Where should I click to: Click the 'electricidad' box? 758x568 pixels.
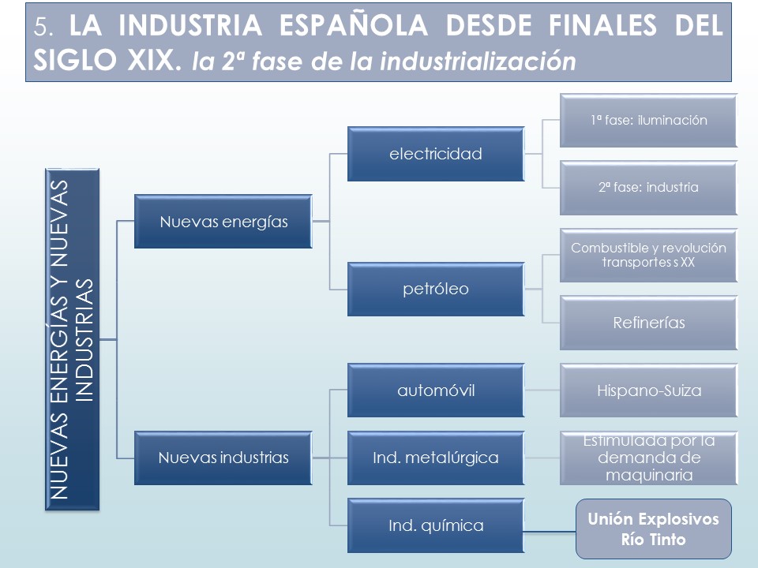pos(436,154)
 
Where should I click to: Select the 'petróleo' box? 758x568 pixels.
pos(436,290)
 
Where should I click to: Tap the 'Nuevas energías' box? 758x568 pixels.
pos(223,222)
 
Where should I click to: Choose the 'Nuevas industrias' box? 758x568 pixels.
pos(223,458)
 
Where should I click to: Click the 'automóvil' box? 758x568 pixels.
pos(436,390)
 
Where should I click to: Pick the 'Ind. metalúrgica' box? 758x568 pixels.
pos(436,458)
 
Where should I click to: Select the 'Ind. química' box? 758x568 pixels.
pos(436,525)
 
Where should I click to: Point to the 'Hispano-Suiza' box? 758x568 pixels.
pos(649,390)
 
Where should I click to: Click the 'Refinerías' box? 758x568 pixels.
pos(649,323)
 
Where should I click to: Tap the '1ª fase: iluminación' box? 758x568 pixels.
pos(649,120)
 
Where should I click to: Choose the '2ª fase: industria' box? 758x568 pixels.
pos(649,188)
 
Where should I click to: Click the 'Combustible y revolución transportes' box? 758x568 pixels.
pos(649,256)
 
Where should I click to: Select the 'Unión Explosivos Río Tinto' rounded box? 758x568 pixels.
pos(654,529)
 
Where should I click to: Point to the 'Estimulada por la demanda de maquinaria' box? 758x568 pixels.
pos(649,458)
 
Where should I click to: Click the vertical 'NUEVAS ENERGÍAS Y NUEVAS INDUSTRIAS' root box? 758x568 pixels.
pos(72,339)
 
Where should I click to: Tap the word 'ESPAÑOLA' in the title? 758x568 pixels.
pos(354,25)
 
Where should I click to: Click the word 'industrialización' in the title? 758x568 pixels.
pos(478,62)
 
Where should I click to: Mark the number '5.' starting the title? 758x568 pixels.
pos(43,26)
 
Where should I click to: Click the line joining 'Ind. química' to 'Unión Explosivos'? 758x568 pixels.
pos(550,532)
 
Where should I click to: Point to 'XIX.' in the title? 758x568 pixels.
pos(155,61)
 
